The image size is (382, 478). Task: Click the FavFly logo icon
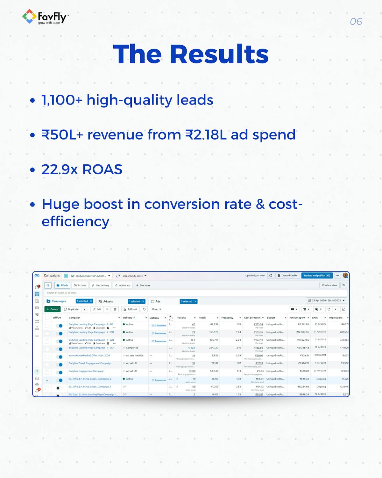[x=29, y=17]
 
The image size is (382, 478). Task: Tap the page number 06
[x=356, y=22]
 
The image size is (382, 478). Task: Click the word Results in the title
[x=219, y=54]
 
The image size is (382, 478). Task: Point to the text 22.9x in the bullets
[x=60, y=170]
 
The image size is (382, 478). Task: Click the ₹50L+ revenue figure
[x=62, y=135]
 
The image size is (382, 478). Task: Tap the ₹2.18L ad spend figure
[x=206, y=135]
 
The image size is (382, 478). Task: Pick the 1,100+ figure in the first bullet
[x=62, y=100]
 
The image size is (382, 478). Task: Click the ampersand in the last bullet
[x=260, y=204]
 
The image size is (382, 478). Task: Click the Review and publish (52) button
[x=317, y=276]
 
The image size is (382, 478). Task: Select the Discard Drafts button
[x=287, y=276]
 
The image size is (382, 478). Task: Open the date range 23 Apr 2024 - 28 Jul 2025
[x=326, y=301]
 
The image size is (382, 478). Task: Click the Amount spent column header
[x=297, y=318]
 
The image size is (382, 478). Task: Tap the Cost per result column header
[x=252, y=318]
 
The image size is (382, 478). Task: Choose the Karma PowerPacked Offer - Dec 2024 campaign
[x=89, y=356]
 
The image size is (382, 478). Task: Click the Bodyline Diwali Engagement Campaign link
[x=90, y=363]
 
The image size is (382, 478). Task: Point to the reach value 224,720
[x=214, y=348]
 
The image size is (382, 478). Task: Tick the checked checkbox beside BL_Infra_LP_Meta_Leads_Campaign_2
[x=47, y=380]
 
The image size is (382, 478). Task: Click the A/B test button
[x=131, y=309]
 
